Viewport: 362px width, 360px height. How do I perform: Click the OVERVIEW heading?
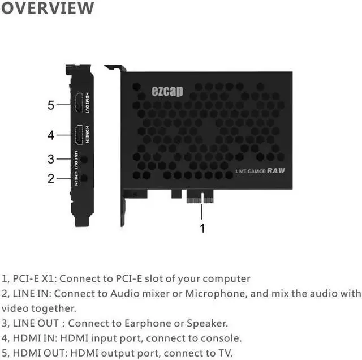(47, 8)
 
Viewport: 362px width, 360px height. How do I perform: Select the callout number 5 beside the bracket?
(51, 105)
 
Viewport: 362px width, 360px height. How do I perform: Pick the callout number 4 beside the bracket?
(51, 135)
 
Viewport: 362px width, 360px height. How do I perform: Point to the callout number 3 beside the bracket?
(51, 159)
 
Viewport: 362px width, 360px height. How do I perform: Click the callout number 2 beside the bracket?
(51, 178)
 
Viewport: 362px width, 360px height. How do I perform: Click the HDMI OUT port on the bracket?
(79, 102)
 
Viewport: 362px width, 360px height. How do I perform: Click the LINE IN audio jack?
(85, 178)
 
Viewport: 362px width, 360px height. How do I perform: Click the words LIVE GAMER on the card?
(251, 171)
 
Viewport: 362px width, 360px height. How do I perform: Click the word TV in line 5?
(224, 353)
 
